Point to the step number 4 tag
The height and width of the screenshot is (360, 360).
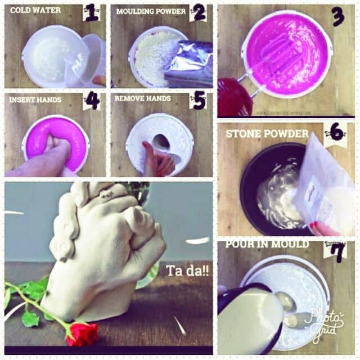(x=92, y=100)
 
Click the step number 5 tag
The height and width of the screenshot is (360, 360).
(x=199, y=100)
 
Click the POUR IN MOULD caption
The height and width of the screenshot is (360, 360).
(x=259, y=244)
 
